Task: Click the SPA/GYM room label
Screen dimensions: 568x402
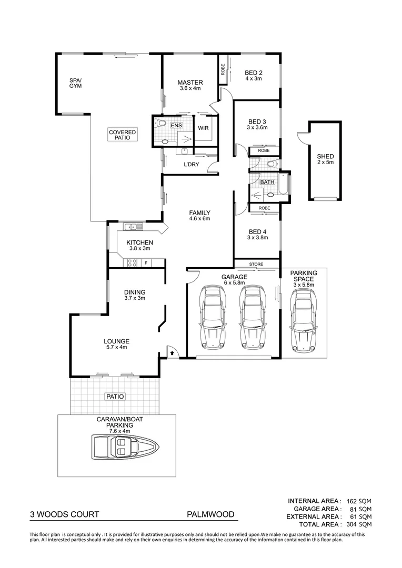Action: pyautogui.click(x=76, y=83)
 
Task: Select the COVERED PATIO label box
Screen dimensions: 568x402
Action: pyautogui.click(x=122, y=136)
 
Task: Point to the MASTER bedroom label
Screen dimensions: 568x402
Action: pyautogui.click(x=190, y=83)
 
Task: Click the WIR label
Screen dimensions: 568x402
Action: pyautogui.click(x=204, y=128)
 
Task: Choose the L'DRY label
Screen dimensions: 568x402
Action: pyautogui.click(x=190, y=165)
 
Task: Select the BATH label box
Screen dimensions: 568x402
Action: pyautogui.click(x=268, y=182)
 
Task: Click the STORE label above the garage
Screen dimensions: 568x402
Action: pyautogui.click(x=256, y=264)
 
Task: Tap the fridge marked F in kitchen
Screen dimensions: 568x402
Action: pyautogui.click(x=146, y=262)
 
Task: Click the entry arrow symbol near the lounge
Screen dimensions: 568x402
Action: pyautogui.click(x=172, y=353)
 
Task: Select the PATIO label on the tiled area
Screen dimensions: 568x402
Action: pyautogui.click(x=114, y=397)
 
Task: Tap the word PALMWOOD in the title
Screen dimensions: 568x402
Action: pyautogui.click(x=210, y=515)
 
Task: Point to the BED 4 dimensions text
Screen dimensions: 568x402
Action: pyautogui.click(x=258, y=238)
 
